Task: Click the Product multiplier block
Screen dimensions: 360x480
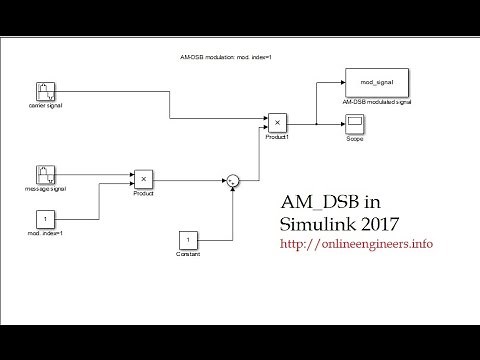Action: [x=143, y=179]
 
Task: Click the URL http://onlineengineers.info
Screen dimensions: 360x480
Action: [x=356, y=243]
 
